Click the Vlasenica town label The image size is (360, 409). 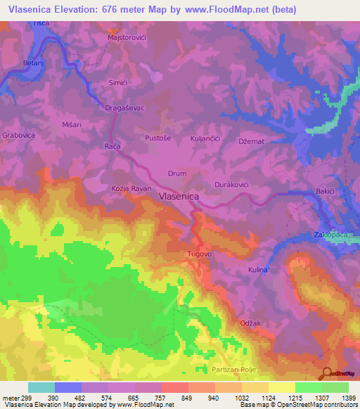[179, 198]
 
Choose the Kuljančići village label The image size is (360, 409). [206, 138]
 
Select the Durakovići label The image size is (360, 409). [233, 183]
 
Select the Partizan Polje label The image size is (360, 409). [233, 369]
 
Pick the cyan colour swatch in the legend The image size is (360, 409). [41, 387]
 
